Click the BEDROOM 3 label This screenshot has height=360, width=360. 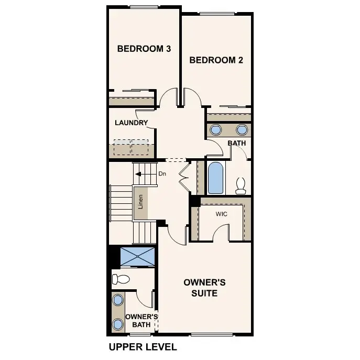click(x=144, y=49)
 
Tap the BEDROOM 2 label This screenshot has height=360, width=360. click(x=216, y=60)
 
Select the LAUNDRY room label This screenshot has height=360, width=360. click(x=132, y=123)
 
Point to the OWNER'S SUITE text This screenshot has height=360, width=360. click(x=204, y=288)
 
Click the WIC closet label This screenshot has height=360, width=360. click(x=221, y=214)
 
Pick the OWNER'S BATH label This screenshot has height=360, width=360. click(x=141, y=321)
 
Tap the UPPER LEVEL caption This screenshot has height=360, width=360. click(x=143, y=346)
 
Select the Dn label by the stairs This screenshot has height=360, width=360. click(x=162, y=173)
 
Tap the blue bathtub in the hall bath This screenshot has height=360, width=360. click(x=215, y=178)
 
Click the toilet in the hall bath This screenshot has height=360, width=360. click(x=241, y=185)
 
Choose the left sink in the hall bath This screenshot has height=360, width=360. click(x=215, y=130)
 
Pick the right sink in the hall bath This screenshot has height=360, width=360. click(x=242, y=130)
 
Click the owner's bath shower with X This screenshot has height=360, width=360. click(x=138, y=256)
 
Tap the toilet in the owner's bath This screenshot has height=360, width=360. click(x=121, y=279)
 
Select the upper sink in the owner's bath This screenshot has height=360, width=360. click(x=118, y=300)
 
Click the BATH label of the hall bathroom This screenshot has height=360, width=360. click(x=237, y=143)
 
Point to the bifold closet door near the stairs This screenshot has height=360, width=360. click(x=183, y=176)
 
